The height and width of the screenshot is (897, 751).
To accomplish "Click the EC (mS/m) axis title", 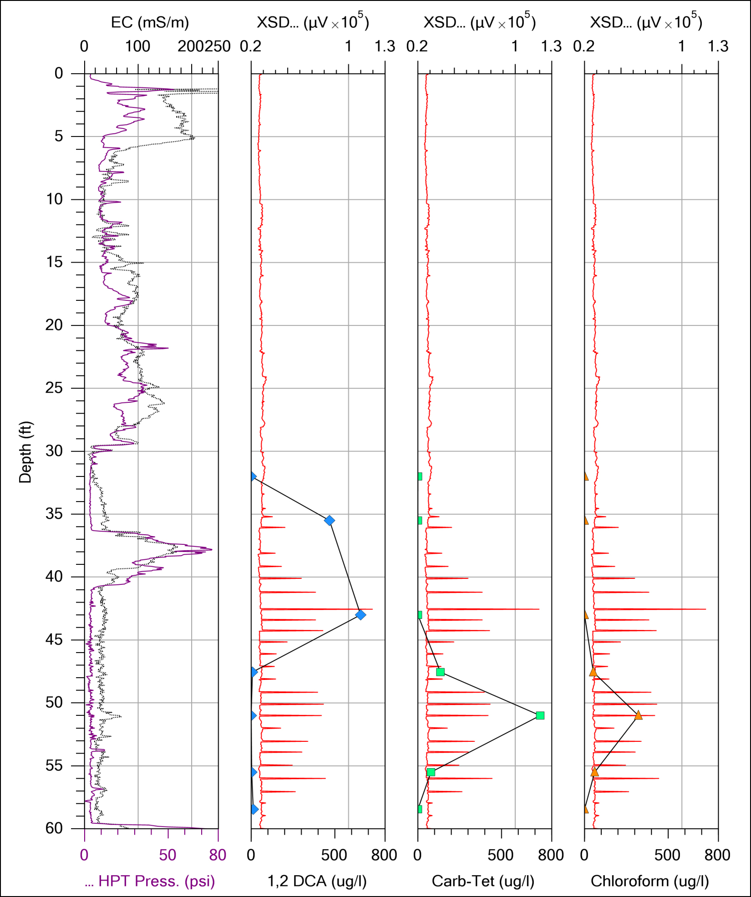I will (x=150, y=22).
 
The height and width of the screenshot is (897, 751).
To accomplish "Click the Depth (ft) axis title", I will (x=25, y=451).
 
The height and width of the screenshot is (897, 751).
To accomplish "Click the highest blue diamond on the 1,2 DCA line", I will (x=360, y=615).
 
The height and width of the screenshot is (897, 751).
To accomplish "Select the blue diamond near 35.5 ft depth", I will (x=330, y=520).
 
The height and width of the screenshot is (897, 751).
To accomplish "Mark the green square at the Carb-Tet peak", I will (x=540, y=715).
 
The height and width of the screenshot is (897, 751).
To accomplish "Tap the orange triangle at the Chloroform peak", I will (x=639, y=715).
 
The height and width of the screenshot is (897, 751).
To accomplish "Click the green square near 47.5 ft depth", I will (x=440, y=672).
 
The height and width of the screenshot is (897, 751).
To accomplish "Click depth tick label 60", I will (x=54, y=828).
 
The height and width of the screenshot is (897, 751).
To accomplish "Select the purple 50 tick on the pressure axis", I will (x=167, y=855).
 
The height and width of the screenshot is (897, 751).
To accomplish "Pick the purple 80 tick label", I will (x=218, y=855).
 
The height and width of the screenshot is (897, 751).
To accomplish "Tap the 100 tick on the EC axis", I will (x=137, y=46).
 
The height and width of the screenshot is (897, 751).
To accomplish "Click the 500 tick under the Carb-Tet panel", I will (x=501, y=855).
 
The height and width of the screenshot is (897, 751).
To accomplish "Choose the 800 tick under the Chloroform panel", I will (x=717, y=855).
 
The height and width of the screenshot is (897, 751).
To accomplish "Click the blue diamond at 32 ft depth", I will (x=253, y=476).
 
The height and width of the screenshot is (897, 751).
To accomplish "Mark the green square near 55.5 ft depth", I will (x=431, y=772).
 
